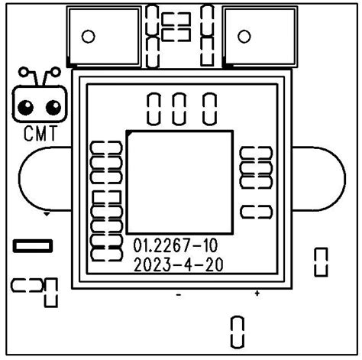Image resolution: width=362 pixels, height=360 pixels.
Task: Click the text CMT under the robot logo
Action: click(x=40, y=134)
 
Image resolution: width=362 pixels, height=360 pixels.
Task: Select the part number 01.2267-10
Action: click(x=176, y=245)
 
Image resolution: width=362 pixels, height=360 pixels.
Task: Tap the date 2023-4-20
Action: click(x=179, y=264)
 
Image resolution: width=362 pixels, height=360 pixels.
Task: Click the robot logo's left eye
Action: click(x=26, y=108)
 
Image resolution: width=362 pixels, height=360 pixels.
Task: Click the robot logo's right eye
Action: click(x=53, y=108)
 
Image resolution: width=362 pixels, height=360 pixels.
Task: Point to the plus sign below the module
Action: click(x=257, y=294)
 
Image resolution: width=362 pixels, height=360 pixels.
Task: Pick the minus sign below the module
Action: click(x=179, y=295)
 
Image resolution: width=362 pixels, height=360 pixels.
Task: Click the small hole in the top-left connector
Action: click(x=89, y=37)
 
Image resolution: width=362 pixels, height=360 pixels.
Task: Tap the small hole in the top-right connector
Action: click(x=244, y=37)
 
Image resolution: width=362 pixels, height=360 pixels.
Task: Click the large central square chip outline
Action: click(x=179, y=131)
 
